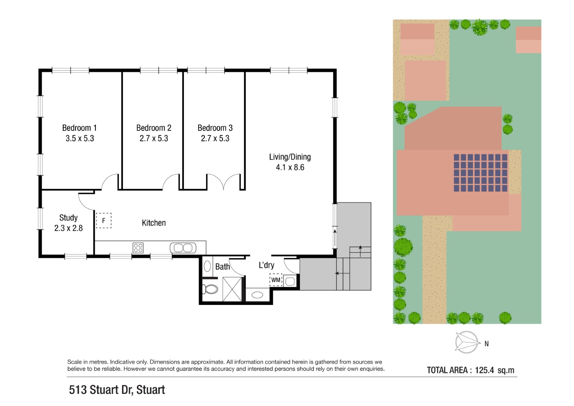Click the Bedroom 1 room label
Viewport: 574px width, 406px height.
pos(79,128)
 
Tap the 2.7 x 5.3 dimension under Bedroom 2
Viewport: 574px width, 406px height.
pos(154,138)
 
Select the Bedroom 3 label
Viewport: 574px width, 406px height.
pos(215,128)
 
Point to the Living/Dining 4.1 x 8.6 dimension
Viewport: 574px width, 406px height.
pos(290,167)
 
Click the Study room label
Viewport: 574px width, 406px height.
pos(68,218)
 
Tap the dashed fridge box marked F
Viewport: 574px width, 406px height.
pos(104,220)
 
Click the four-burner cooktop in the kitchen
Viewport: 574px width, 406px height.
pos(138,248)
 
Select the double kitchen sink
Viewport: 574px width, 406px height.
pos(183,248)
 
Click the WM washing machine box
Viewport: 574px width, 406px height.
pos(276,280)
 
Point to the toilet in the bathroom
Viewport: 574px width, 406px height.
pos(210,289)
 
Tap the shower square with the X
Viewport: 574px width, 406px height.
pos(232,289)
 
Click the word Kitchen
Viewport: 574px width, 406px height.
pos(154,223)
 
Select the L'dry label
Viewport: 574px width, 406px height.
pos(267,265)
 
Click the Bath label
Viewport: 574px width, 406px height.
pos(223,267)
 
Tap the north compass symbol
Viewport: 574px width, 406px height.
pos(467,342)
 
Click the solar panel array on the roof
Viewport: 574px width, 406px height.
pos(480,173)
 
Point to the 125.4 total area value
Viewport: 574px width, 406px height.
pos(484,370)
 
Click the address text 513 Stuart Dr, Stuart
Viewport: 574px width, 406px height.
pos(117,389)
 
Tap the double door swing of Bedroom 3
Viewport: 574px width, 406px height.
pos(223,182)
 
